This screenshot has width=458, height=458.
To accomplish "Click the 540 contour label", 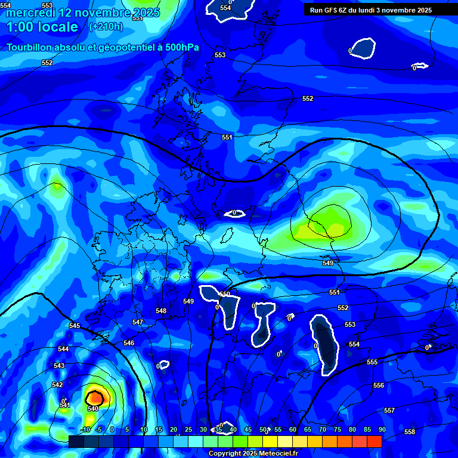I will point(93,409).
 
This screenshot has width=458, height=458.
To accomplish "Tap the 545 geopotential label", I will point(75,326).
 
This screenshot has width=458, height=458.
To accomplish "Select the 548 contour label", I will point(161,311).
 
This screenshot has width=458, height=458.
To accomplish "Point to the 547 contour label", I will point(138,322).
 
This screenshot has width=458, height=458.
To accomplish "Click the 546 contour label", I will point(129,343).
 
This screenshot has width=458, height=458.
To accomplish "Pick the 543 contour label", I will point(59,366).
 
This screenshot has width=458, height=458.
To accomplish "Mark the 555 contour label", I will point(372,362).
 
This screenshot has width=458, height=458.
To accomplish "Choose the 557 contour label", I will point(389,410).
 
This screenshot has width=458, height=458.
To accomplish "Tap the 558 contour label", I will point(410,432).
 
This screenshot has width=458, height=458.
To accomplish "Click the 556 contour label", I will point(379,385).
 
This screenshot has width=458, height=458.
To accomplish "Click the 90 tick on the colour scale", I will point(382,429).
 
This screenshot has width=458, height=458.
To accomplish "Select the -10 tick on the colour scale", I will point(85,429).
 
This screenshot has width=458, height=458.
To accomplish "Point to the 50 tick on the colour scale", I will point(263,429).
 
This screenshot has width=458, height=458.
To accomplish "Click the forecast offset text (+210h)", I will point(106,26).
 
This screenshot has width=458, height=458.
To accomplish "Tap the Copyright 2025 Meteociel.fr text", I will point(253,454).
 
